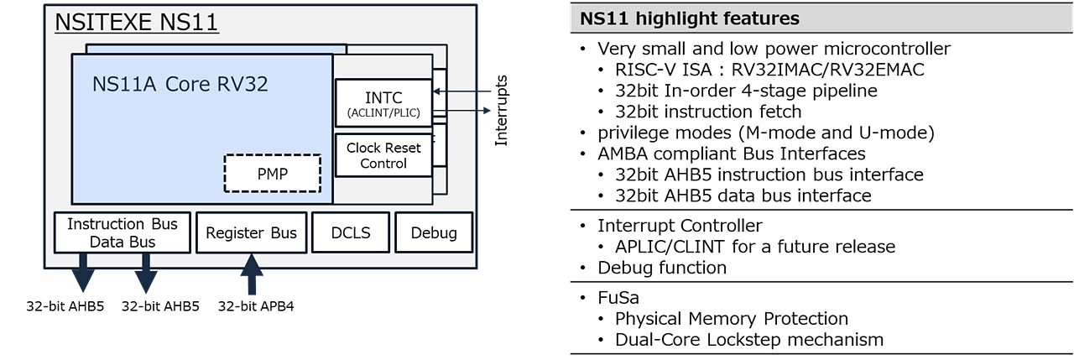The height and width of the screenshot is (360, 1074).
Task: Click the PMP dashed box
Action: click(x=273, y=174)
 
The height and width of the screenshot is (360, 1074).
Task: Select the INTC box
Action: click(x=383, y=104)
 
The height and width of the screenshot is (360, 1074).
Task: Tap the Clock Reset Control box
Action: click(x=383, y=155)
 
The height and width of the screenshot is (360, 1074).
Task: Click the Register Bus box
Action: click(x=251, y=232)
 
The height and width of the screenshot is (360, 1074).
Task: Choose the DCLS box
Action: click(x=351, y=232)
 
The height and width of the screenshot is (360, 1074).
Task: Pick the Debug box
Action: click(x=434, y=232)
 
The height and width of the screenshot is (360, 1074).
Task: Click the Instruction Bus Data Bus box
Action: click(x=122, y=232)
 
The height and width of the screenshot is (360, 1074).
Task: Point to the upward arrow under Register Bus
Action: click(x=251, y=275)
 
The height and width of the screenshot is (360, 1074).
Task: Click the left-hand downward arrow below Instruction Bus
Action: click(x=82, y=274)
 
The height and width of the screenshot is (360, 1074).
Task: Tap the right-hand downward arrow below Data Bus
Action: click(x=146, y=274)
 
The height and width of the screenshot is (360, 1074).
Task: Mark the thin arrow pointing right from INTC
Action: click(x=470, y=110)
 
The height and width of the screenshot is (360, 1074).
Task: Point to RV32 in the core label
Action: click(x=243, y=84)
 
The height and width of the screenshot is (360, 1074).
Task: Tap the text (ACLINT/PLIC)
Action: click(x=383, y=113)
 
